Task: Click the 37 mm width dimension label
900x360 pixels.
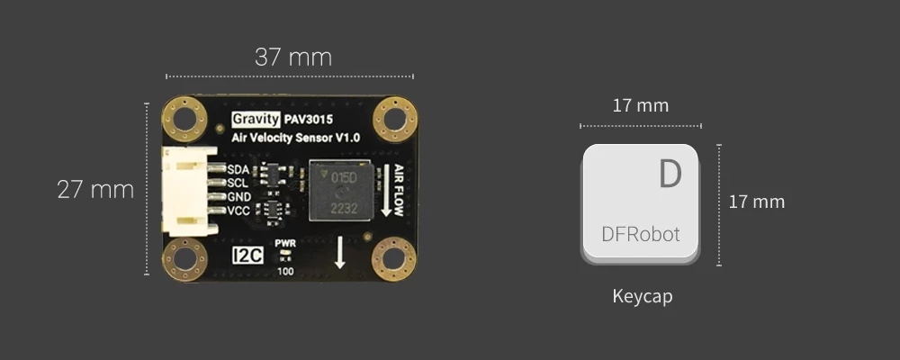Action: [292, 58]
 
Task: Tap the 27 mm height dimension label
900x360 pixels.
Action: [95, 190]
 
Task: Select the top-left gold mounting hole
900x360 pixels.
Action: [185, 118]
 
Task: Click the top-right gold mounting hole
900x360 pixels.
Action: [394, 118]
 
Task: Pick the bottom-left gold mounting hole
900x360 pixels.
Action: [184, 259]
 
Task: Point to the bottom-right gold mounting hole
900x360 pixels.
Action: [393, 259]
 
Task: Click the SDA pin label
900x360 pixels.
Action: [238, 169]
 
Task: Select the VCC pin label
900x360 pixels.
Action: [239, 211]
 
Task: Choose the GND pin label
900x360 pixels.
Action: [239, 196]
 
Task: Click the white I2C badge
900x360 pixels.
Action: [247, 256]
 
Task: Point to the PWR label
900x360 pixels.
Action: [285, 244]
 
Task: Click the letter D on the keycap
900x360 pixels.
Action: [670, 174]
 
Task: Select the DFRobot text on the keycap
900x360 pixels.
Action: [640, 236]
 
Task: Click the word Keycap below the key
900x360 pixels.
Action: [642, 296]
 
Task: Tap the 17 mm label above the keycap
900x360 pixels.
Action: [640, 105]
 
